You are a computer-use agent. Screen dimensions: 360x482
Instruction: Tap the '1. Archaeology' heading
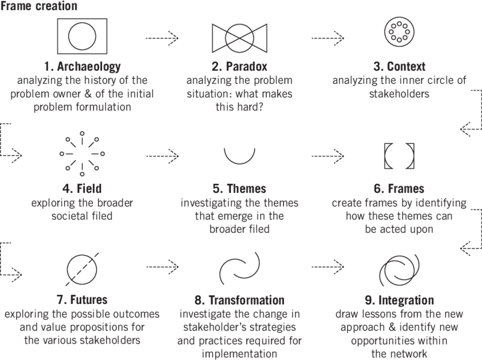pos(82,67)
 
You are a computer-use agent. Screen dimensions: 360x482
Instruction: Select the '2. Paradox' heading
pos(239,67)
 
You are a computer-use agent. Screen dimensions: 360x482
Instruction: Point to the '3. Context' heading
pos(399,67)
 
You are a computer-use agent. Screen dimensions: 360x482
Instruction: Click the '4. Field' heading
pos(82,188)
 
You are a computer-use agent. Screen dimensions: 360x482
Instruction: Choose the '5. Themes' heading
pos(239,188)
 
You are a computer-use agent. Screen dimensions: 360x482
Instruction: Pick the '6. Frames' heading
pos(399,188)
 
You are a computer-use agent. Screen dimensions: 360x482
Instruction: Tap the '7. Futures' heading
pos(82,300)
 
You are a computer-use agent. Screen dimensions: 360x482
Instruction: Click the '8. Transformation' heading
pos(239,300)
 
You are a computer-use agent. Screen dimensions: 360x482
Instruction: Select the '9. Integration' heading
pos(399,300)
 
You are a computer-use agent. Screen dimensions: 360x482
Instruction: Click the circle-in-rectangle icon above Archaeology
pos(82,36)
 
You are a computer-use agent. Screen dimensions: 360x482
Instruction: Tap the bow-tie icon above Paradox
pos(239,37)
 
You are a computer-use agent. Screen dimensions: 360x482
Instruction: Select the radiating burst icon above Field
pos(82,154)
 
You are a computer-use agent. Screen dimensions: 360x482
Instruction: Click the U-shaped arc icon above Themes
pos(239,154)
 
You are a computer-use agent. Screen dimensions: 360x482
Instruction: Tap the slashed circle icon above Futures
pos(82,267)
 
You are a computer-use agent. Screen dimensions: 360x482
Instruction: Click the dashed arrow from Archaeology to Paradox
pos(162,38)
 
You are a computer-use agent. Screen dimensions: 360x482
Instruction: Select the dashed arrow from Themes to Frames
pos(327,154)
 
